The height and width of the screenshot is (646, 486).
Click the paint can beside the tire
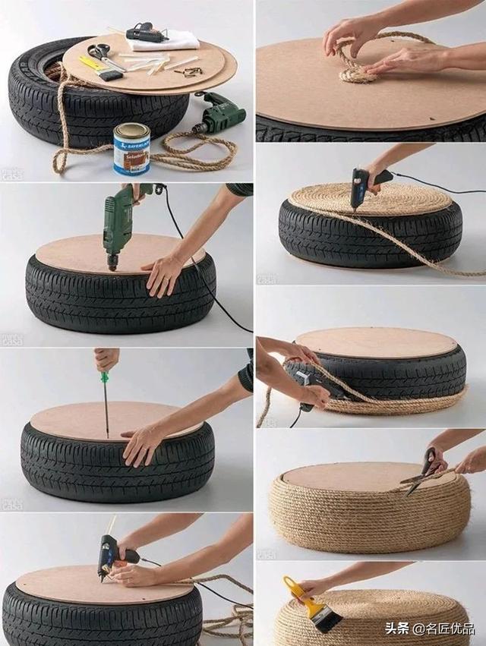(x=131, y=148)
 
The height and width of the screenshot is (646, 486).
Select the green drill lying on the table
(x=219, y=115)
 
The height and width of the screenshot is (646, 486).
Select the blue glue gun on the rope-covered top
(x=363, y=187)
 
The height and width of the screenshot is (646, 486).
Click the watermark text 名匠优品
(x=448, y=628)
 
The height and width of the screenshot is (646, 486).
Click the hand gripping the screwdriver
(x=106, y=358)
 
